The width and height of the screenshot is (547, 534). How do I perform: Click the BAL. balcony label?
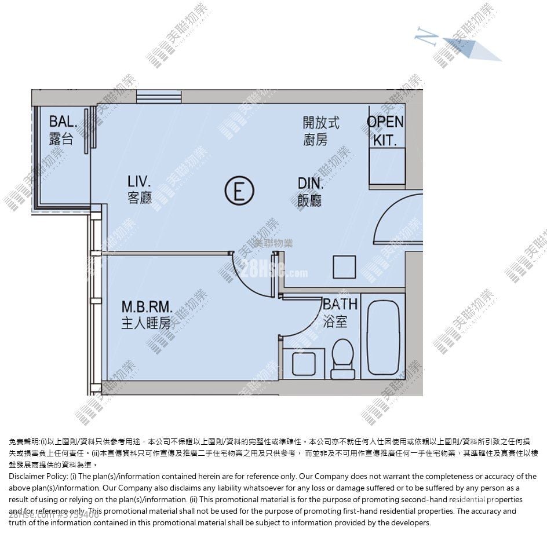[63, 121]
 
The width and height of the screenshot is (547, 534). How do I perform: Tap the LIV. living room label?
[139, 181]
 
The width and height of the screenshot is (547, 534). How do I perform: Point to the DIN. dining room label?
[310, 183]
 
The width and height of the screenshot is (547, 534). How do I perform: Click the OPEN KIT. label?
[385, 130]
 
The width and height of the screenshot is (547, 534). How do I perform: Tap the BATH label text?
[340, 304]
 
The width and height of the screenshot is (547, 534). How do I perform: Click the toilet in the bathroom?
[342, 359]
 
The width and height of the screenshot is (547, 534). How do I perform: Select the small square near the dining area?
[344, 267]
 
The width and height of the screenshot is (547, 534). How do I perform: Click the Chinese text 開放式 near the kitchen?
[320, 123]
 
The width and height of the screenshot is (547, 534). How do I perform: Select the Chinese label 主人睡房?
[146, 323]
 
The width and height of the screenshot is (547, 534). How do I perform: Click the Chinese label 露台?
[61, 138]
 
